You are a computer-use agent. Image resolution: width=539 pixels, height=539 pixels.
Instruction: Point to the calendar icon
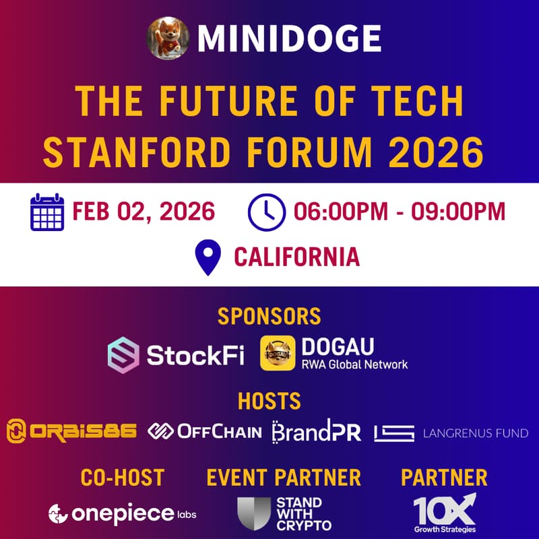47,212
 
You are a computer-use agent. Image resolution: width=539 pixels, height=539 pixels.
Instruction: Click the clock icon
266,212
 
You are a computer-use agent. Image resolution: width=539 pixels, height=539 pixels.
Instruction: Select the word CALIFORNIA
296,257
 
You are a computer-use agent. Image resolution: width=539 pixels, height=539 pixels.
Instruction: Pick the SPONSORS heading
269,316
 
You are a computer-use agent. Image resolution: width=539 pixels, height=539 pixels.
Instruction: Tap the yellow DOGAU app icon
278,354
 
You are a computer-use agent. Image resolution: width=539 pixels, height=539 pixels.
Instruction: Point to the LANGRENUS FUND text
475,433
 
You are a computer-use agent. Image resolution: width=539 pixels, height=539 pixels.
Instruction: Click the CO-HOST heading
122,478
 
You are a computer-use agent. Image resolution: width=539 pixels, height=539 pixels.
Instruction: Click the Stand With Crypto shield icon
254,514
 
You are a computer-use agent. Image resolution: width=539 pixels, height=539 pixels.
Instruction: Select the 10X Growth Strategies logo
444,513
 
